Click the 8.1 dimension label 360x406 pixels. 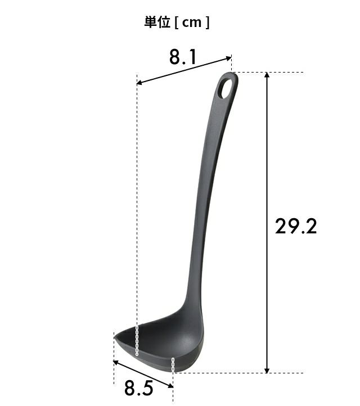(x=183, y=57)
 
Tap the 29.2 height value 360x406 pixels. (x=296, y=226)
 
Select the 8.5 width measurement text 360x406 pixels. (x=138, y=388)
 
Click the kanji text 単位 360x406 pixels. (x=157, y=22)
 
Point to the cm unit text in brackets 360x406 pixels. (x=192, y=23)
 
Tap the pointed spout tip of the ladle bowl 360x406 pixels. (x=115, y=337)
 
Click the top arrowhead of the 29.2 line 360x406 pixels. (x=267, y=75)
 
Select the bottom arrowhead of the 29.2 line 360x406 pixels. (x=267, y=370)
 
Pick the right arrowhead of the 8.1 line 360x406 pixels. (x=229, y=58)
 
